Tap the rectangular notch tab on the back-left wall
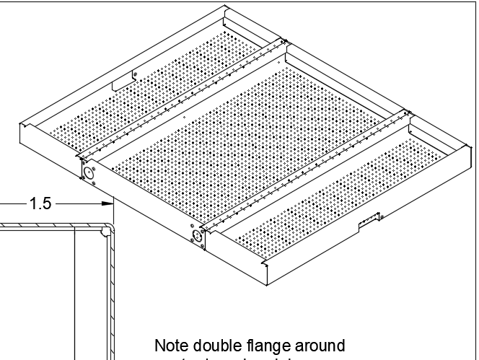[134, 74]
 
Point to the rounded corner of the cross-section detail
[106, 231]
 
